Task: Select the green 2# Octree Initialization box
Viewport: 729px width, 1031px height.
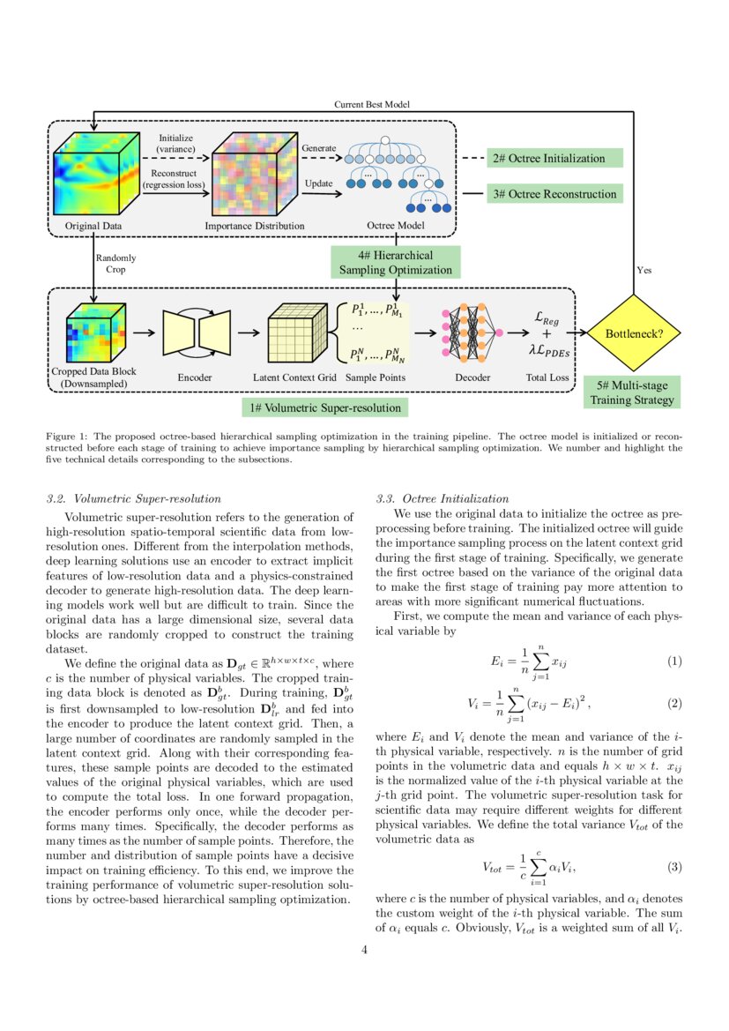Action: coord(554,158)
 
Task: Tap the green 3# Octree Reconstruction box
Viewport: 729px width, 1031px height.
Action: coord(554,193)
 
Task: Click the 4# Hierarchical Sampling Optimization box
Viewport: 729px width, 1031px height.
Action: coord(396,262)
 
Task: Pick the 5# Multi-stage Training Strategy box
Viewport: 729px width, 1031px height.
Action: coord(632,392)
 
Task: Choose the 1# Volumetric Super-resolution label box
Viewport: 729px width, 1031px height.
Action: coord(325,407)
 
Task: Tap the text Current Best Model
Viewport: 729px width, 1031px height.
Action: coord(371,104)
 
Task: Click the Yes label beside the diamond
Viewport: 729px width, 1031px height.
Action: coord(643,271)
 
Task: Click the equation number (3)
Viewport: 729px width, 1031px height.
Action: coord(674,866)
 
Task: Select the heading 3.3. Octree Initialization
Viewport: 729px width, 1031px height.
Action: coord(442,498)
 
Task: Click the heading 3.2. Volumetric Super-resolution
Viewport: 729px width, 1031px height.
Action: coord(133,498)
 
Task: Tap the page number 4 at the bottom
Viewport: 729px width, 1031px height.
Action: coord(364,950)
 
